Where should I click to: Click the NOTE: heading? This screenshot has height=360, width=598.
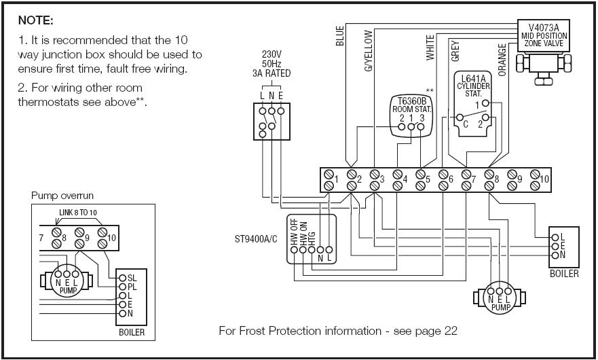(x=35, y=21)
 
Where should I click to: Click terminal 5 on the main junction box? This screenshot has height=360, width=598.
(x=421, y=179)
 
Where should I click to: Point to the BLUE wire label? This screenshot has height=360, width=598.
(x=340, y=36)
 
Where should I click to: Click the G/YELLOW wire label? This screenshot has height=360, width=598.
(x=369, y=51)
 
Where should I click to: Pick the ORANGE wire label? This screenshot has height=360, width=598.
(x=502, y=60)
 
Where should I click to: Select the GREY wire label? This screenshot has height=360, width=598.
(x=455, y=50)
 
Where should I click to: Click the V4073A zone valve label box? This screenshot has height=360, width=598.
(x=544, y=35)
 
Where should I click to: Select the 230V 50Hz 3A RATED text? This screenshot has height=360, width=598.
(x=272, y=64)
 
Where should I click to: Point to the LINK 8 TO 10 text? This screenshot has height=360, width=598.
(x=78, y=213)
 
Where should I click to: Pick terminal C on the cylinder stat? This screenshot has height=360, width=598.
(x=465, y=125)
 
